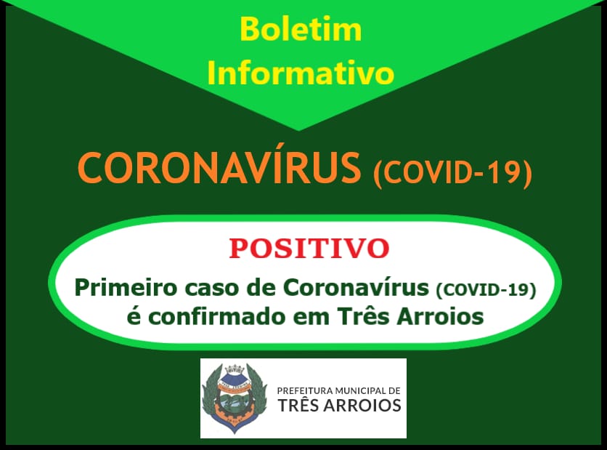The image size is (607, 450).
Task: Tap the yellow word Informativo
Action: [301, 72]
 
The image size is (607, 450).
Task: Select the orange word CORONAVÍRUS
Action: [219, 167]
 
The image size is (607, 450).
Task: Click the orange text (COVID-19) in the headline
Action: [452, 172]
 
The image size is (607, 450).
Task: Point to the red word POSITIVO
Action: [309, 249]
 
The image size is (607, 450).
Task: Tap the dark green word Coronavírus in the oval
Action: [357, 288]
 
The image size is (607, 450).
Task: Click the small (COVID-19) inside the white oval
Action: [486, 289]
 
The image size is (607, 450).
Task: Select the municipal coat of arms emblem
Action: [235, 398]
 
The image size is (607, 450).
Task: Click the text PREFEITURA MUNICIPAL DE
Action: [339, 390]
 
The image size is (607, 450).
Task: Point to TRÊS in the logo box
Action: [298, 405]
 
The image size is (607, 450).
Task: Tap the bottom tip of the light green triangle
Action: [298, 130]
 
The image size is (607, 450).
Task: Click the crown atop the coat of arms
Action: [234, 369]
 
